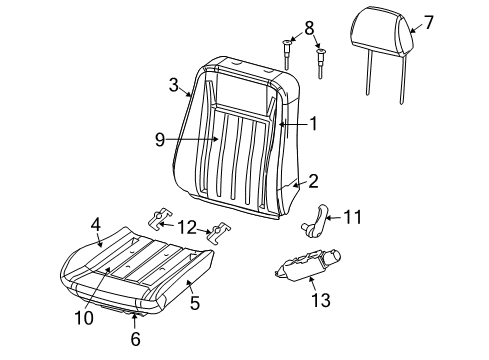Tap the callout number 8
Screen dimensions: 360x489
pyautogui.click(x=281, y=27)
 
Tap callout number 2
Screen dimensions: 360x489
pyautogui.click(x=313, y=181)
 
